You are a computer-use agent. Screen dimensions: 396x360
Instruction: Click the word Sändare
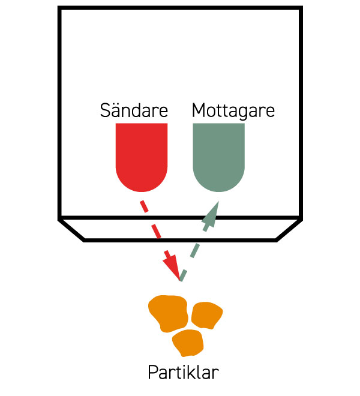pyautogui.click(x=134, y=111)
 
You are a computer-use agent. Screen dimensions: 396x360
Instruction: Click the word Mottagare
pyautogui.click(x=233, y=111)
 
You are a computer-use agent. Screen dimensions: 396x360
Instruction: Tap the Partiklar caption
pyautogui.click(x=183, y=372)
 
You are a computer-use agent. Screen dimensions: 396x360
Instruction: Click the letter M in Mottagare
pyautogui.click(x=199, y=111)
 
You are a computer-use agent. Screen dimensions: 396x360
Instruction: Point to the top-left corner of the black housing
pyautogui.click(x=59, y=8)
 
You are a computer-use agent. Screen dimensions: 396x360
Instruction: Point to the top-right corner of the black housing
pyautogui.click(x=299, y=8)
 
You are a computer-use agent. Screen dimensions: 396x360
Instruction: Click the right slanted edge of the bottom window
pyautogui.click(x=288, y=230)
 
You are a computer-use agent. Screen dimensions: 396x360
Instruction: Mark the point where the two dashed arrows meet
pyautogui.click(x=180, y=280)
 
